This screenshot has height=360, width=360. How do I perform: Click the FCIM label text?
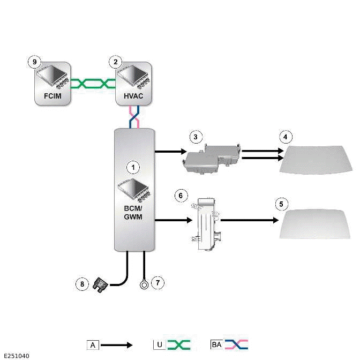(52, 96)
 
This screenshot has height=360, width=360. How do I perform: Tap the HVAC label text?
(133, 96)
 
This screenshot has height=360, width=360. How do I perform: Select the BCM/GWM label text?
(133, 212)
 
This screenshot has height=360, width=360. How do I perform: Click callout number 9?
(34, 62)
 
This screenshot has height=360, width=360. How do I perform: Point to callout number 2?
(116, 62)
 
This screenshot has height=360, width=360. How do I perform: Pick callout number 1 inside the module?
(133, 167)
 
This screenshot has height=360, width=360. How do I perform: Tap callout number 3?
(196, 137)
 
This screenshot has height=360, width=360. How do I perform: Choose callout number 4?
(286, 137)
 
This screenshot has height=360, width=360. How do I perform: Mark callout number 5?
(281, 204)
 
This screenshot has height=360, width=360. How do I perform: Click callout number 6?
(181, 196)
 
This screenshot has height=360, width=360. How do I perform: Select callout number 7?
(157, 282)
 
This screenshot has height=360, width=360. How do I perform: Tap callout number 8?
(82, 284)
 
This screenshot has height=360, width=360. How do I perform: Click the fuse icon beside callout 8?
(100, 285)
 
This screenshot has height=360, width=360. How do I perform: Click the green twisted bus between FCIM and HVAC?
(93, 84)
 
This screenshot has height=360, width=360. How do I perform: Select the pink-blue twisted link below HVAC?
(134, 117)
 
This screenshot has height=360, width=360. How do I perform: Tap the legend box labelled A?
(93, 345)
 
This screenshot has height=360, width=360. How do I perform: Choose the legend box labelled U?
(159, 344)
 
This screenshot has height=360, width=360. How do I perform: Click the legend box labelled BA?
(216, 344)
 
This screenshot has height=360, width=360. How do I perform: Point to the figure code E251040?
(17, 356)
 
